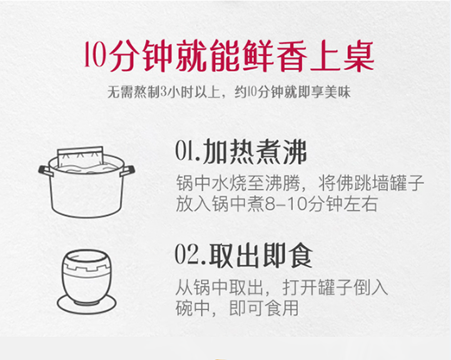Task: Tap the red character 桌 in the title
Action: coord(358,56)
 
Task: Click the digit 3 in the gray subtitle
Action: coord(164,92)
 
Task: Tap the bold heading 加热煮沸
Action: coord(255,152)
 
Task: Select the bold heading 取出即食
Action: coord(261,255)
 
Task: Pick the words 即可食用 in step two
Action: coord(264,308)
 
